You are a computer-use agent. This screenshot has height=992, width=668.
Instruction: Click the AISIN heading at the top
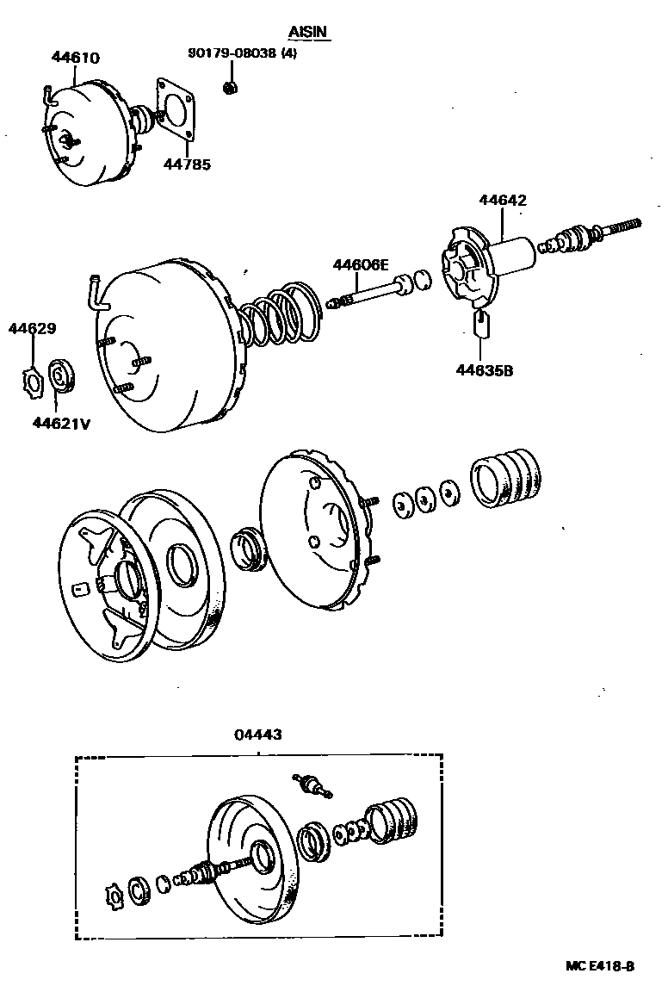(309, 32)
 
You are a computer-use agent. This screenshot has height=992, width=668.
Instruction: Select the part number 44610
(75, 59)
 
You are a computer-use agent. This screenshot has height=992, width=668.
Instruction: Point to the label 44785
(187, 164)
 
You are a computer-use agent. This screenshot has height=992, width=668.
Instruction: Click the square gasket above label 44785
(179, 108)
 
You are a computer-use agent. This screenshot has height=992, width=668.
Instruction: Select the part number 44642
(503, 201)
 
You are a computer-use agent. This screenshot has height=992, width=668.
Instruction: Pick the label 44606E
(362, 264)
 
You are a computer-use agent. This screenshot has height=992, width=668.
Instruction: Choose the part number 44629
(33, 328)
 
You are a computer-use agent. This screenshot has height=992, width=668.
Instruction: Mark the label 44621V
(62, 422)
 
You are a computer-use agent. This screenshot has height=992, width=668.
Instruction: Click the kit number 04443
(257, 735)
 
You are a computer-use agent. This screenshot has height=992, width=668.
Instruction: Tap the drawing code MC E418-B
(600, 966)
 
